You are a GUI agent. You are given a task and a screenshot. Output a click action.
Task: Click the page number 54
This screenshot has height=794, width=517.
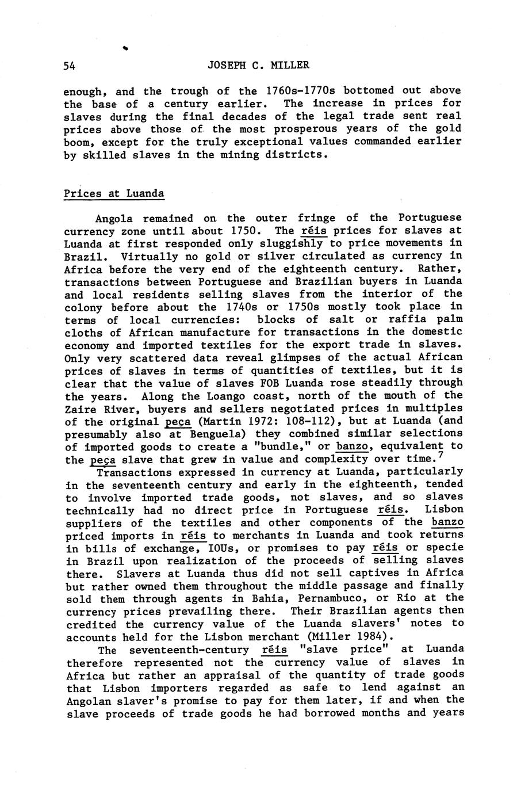click(x=69, y=66)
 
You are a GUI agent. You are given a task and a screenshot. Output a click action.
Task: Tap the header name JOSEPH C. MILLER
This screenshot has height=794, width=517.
click(x=258, y=66)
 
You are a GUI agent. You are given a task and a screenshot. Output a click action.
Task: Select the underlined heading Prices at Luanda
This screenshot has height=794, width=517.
click(x=114, y=193)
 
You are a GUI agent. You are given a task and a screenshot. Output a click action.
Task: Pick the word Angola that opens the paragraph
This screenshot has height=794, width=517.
click(x=114, y=219)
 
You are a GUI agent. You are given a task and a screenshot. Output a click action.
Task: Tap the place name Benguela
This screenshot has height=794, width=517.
click(x=215, y=434)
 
